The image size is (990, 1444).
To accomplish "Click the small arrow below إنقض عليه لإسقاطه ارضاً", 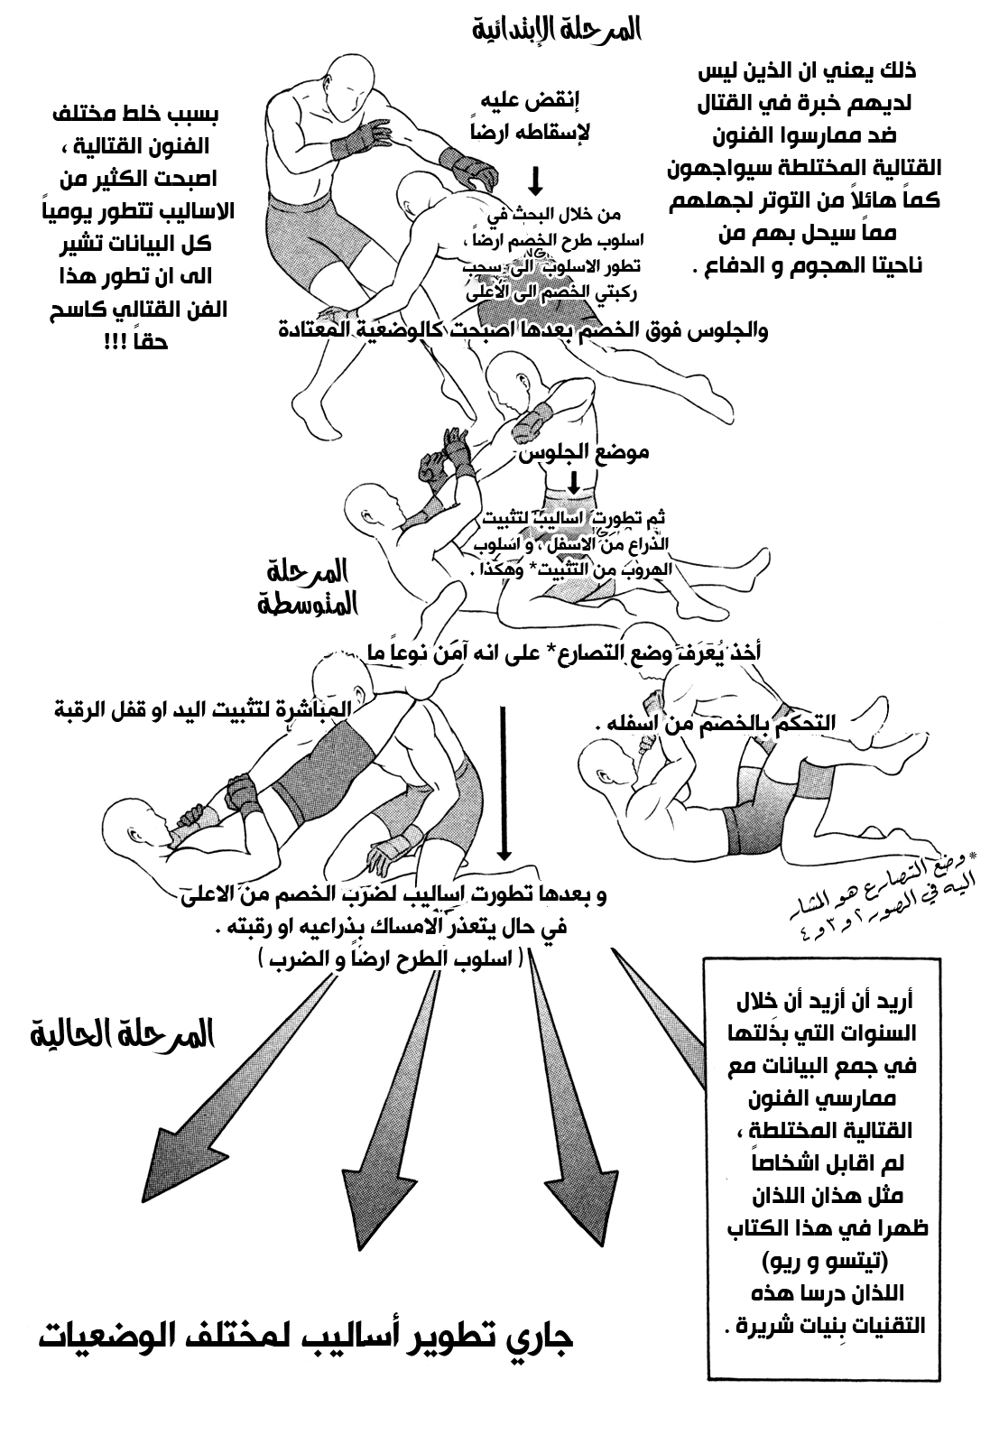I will (x=535, y=180).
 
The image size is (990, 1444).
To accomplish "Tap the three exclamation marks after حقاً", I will (x=116, y=344).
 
